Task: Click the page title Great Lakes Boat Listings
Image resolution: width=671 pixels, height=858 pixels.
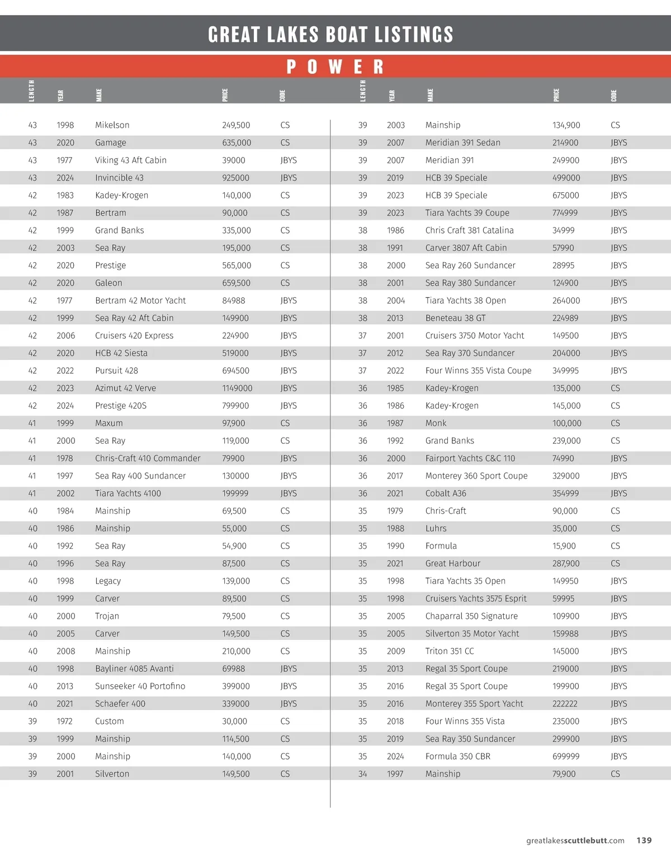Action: click(330, 35)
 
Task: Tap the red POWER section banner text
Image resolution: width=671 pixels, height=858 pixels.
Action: click(335, 67)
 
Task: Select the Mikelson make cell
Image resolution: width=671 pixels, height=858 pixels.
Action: click(112, 125)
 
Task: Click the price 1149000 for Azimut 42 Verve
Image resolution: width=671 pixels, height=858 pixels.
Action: click(237, 388)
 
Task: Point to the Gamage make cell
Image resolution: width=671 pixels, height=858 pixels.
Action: click(111, 143)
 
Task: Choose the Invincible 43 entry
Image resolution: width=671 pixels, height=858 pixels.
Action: click(119, 178)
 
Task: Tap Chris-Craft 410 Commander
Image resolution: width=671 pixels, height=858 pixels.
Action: click(148, 458)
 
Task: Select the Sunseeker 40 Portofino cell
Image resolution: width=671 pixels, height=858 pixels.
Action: click(140, 686)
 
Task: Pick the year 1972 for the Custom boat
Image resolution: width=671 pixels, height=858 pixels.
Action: click(65, 721)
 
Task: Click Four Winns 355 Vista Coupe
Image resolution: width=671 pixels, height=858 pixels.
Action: click(478, 371)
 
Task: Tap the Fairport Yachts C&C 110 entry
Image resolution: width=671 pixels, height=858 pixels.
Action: click(470, 458)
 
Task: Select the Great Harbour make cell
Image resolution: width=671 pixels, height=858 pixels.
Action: click(452, 563)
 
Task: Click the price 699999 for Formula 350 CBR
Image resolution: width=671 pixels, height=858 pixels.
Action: click(566, 756)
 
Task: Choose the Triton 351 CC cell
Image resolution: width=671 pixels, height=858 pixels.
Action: click(449, 651)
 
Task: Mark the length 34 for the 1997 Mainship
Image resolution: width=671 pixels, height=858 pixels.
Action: click(362, 774)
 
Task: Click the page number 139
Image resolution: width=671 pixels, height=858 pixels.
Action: click(644, 840)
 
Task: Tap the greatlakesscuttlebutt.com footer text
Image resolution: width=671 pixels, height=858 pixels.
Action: click(575, 840)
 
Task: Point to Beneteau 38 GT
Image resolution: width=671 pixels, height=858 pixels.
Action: click(455, 318)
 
